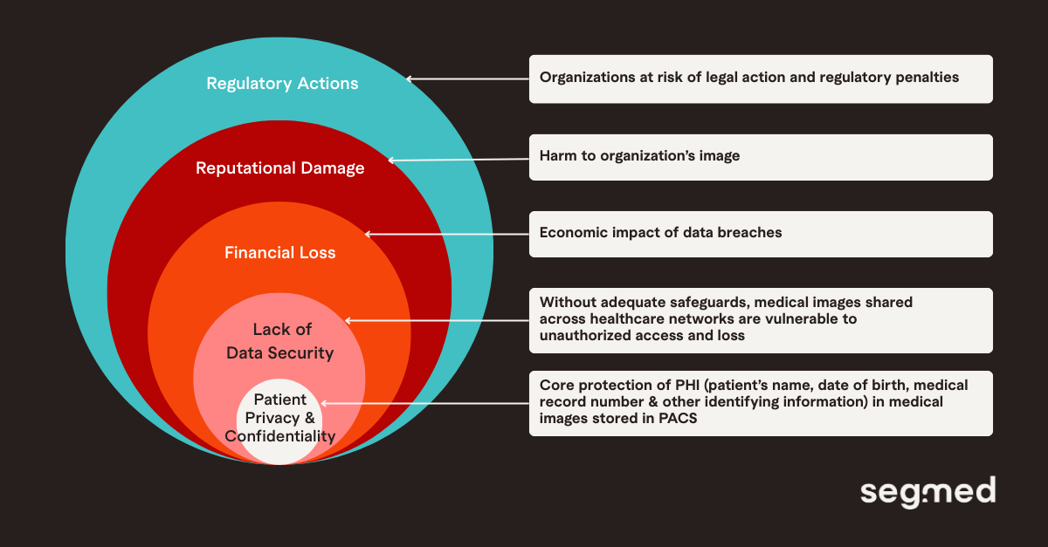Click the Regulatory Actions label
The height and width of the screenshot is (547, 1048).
coord(282,84)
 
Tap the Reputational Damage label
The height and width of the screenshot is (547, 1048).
coord(279,168)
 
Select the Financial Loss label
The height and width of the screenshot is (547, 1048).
coord(279,253)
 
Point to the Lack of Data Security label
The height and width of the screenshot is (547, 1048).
coord(279,341)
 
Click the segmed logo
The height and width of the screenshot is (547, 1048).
coord(927,492)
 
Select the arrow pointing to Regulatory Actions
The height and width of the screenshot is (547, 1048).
coord(467,79)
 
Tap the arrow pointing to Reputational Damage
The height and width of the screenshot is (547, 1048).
coord(458,160)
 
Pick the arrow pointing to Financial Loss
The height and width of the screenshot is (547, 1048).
coord(446,234)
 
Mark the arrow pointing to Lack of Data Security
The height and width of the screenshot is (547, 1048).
coord(437,320)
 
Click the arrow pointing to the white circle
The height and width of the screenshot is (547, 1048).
coord(425,403)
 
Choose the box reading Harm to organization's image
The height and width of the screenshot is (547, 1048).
coord(761,157)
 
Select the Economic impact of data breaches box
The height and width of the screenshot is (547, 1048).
coord(761,234)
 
